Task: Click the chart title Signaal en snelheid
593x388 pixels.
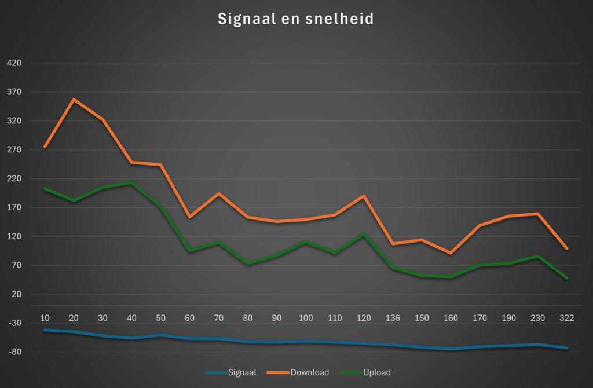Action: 296,19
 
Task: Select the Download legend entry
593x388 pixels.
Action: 309,372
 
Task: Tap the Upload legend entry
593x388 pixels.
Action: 376,372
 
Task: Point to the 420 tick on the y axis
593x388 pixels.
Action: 14,63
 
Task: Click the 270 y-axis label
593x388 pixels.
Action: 14,150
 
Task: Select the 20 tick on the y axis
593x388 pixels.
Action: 16,294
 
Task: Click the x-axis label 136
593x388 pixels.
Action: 393,317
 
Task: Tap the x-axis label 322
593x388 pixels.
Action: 566,317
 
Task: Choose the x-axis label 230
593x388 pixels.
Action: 537,317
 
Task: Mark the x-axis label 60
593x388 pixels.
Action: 190,317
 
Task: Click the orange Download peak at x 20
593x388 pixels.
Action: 74,100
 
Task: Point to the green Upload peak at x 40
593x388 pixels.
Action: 132,183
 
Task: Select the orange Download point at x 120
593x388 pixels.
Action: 364,196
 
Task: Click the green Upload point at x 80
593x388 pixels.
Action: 248,264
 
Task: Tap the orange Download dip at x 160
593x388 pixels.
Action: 451,253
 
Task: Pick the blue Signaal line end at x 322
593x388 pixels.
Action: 566,348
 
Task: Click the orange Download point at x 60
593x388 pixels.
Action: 190,217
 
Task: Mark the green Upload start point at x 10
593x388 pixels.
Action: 45,188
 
